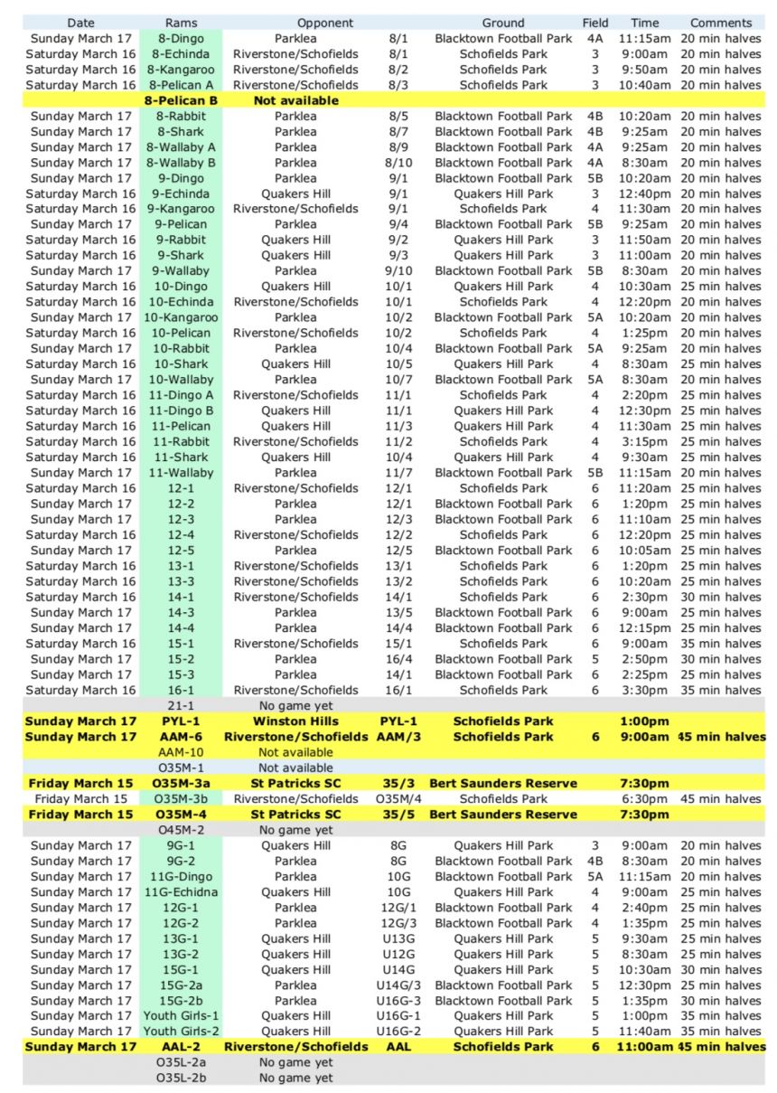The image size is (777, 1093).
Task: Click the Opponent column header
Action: click(x=325, y=23)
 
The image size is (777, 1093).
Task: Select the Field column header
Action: click(x=595, y=23)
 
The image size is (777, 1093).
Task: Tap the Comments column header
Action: click(x=720, y=23)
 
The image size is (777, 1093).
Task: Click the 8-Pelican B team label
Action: click(x=181, y=100)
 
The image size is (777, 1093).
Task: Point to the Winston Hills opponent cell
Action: click(x=295, y=721)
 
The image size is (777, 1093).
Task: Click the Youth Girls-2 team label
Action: click(x=181, y=1031)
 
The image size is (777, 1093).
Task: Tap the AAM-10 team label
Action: click(x=181, y=752)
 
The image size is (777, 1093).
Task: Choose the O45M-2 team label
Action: click(x=181, y=830)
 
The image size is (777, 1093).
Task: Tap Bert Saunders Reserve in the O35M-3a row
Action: click(x=503, y=783)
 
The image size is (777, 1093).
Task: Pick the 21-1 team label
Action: click(x=181, y=705)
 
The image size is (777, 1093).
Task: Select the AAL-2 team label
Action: click(x=181, y=1047)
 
